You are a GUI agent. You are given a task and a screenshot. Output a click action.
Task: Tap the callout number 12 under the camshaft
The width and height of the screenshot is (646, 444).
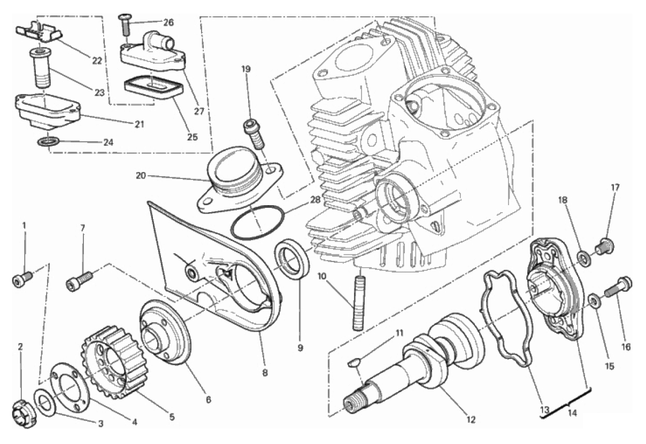[x=471, y=419]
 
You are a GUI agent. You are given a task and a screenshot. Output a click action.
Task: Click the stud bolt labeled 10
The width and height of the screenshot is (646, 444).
[x=359, y=303]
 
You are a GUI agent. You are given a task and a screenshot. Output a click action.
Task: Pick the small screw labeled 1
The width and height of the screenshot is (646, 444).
[x=22, y=279]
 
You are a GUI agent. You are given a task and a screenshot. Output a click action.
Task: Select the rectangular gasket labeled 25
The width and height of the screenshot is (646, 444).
[x=153, y=87]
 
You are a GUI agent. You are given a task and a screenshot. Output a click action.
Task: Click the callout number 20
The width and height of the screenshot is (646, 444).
[x=141, y=175]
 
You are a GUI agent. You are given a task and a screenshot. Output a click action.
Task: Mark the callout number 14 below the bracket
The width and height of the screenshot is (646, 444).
[x=572, y=413]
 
